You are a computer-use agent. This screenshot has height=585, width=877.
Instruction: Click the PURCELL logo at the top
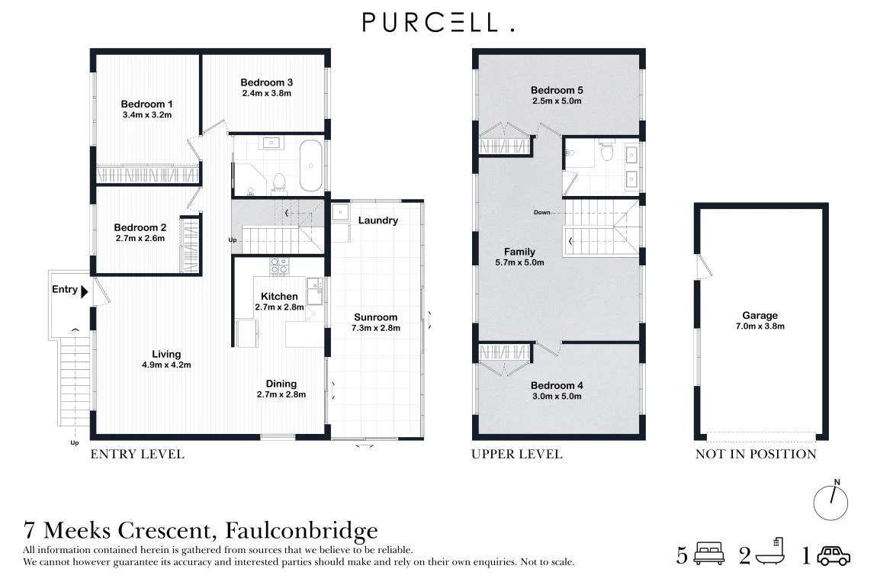pos(438,22)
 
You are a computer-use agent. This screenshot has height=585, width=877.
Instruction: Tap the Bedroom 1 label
pos(146,104)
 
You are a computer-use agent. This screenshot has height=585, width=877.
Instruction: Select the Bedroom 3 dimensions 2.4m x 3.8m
pos(267,93)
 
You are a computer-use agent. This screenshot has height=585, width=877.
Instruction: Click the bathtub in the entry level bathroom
pos(311,166)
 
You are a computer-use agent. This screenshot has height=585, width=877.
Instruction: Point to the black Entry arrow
pos(85,291)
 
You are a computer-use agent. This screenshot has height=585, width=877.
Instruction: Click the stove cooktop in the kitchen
pos(279,266)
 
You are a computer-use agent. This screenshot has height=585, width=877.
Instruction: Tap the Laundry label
pos(378,220)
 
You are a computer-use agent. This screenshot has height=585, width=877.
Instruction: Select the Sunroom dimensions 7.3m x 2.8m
pos(376,328)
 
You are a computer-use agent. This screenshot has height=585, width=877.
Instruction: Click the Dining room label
pos(281,384)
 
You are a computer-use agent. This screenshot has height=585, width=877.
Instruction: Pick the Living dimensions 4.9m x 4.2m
pos(166,365)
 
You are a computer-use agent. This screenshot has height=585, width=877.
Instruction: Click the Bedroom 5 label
pos(557,90)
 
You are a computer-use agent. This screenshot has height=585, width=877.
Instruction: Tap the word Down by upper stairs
pos(541,213)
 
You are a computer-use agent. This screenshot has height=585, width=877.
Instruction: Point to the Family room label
pos(519,252)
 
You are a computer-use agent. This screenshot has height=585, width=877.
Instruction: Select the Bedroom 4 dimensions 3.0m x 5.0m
pos(557,397)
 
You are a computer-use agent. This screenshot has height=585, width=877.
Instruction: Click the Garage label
pos(760,316)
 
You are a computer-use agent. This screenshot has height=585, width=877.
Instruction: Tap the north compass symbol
pos(830,502)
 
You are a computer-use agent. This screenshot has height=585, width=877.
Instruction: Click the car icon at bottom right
pos(834,555)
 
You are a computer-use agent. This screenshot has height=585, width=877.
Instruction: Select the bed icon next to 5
pos(708,553)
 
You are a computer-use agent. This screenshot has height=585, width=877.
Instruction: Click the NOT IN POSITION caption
pos(756,454)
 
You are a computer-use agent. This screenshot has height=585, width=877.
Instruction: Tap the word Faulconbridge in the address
pos(301,530)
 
